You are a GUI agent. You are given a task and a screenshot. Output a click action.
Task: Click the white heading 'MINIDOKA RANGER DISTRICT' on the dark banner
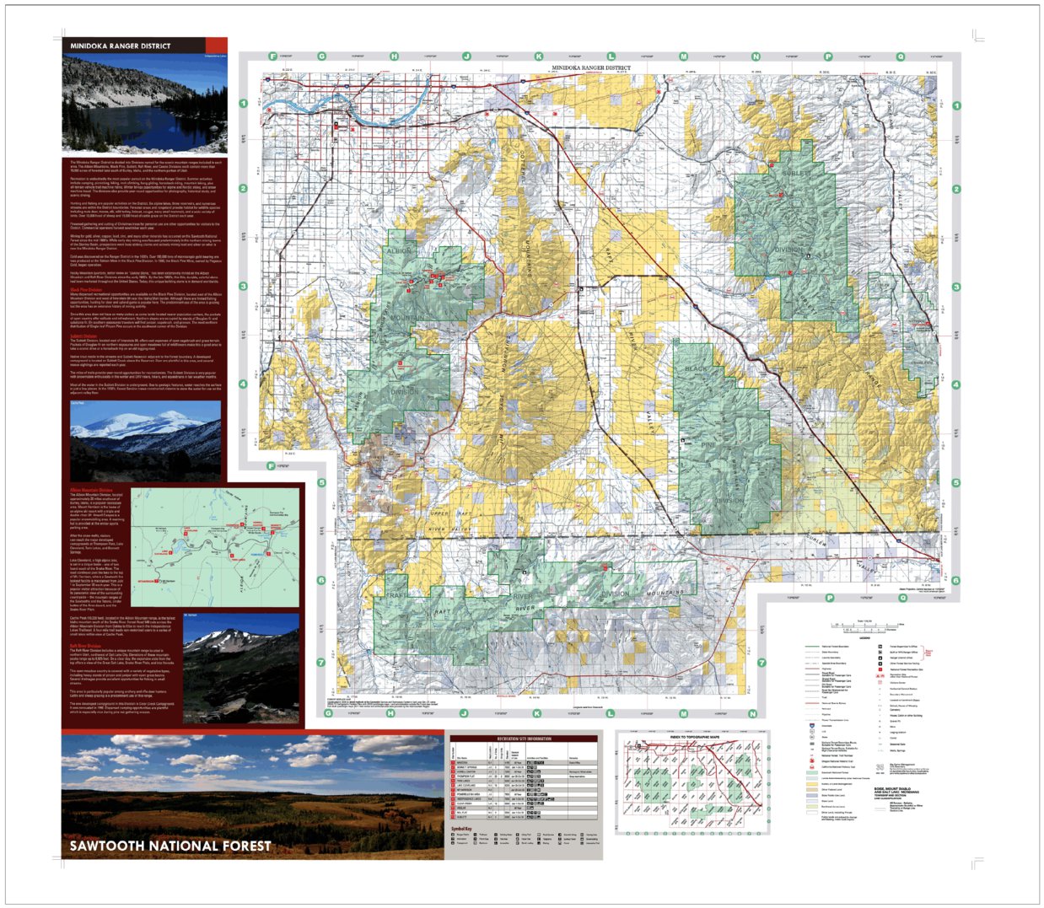click(120, 46)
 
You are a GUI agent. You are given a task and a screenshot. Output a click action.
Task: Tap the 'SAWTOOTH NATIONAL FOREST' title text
click(170, 846)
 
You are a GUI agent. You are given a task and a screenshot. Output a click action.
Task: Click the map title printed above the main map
click(591, 67)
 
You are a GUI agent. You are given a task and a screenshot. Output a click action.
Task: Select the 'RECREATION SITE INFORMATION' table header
click(524, 739)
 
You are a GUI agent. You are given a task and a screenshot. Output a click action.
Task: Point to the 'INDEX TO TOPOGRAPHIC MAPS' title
click(694, 738)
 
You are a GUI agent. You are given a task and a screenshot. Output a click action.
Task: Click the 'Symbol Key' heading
click(461, 829)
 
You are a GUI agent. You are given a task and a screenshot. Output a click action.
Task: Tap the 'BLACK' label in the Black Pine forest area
click(697, 368)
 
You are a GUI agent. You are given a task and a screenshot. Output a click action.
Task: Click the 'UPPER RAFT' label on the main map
click(451, 513)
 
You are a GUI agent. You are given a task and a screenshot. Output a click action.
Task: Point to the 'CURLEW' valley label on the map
click(815, 539)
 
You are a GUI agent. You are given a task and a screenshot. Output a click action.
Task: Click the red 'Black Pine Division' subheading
click(86, 289)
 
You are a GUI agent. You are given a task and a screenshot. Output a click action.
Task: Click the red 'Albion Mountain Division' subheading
click(91, 489)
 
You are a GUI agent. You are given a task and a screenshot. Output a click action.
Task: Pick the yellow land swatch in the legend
click(812, 784)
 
